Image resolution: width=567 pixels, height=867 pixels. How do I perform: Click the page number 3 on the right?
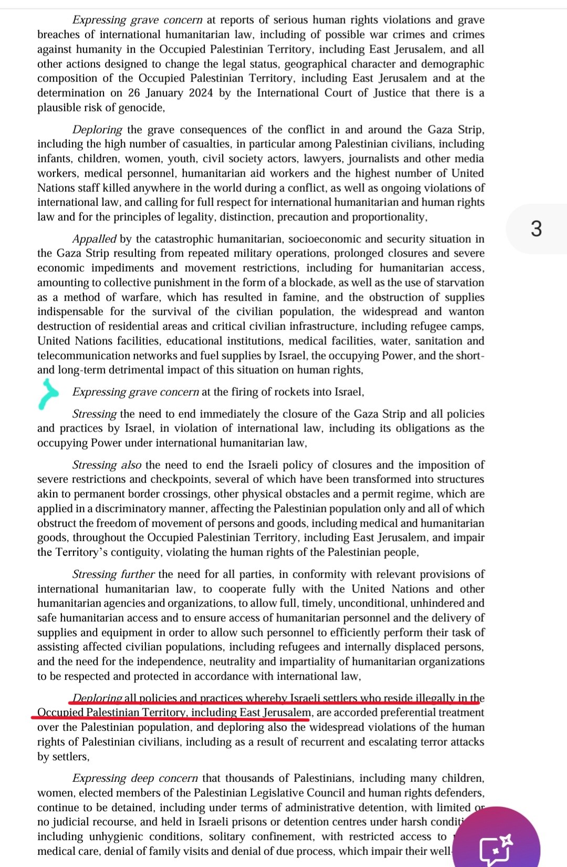click(536, 229)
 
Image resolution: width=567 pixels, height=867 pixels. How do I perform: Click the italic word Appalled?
click(94, 239)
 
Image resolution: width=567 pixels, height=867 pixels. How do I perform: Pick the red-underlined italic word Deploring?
click(97, 698)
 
